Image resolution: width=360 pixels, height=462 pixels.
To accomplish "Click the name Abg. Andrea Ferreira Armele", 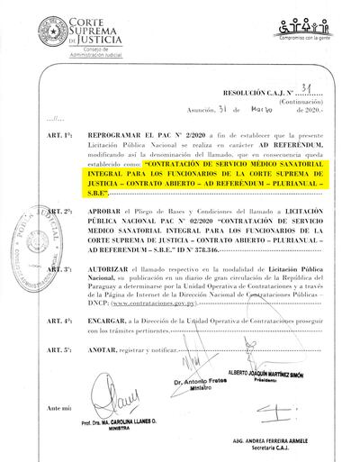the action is (280, 443).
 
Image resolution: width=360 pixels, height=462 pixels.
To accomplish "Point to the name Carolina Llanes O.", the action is (116, 421).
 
